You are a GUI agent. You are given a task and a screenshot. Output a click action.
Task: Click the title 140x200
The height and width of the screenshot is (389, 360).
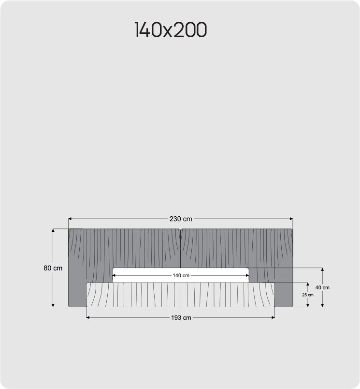pyautogui.click(x=171, y=30)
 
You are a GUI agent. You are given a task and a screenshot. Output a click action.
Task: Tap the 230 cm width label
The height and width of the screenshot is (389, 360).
pyautogui.click(x=180, y=219)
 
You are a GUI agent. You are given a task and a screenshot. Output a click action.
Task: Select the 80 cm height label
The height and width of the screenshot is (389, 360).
pyautogui.click(x=53, y=268)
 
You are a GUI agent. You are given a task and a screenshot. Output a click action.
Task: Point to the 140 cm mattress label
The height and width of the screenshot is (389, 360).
pyautogui.click(x=181, y=275)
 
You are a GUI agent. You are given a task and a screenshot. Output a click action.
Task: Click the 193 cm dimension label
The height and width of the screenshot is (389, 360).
pyautogui.click(x=181, y=318)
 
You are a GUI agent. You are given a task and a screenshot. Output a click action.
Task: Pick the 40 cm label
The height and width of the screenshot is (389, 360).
pyautogui.click(x=322, y=287)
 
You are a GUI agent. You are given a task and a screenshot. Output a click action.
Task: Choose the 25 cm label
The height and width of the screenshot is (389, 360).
pyautogui.click(x=307, y=295)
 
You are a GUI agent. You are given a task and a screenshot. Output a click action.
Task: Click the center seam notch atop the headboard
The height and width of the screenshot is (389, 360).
pyautogui.click(x=180, y=230)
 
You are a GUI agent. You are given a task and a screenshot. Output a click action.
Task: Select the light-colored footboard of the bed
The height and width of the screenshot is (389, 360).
pyautogui.click(x=180, y=295)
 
